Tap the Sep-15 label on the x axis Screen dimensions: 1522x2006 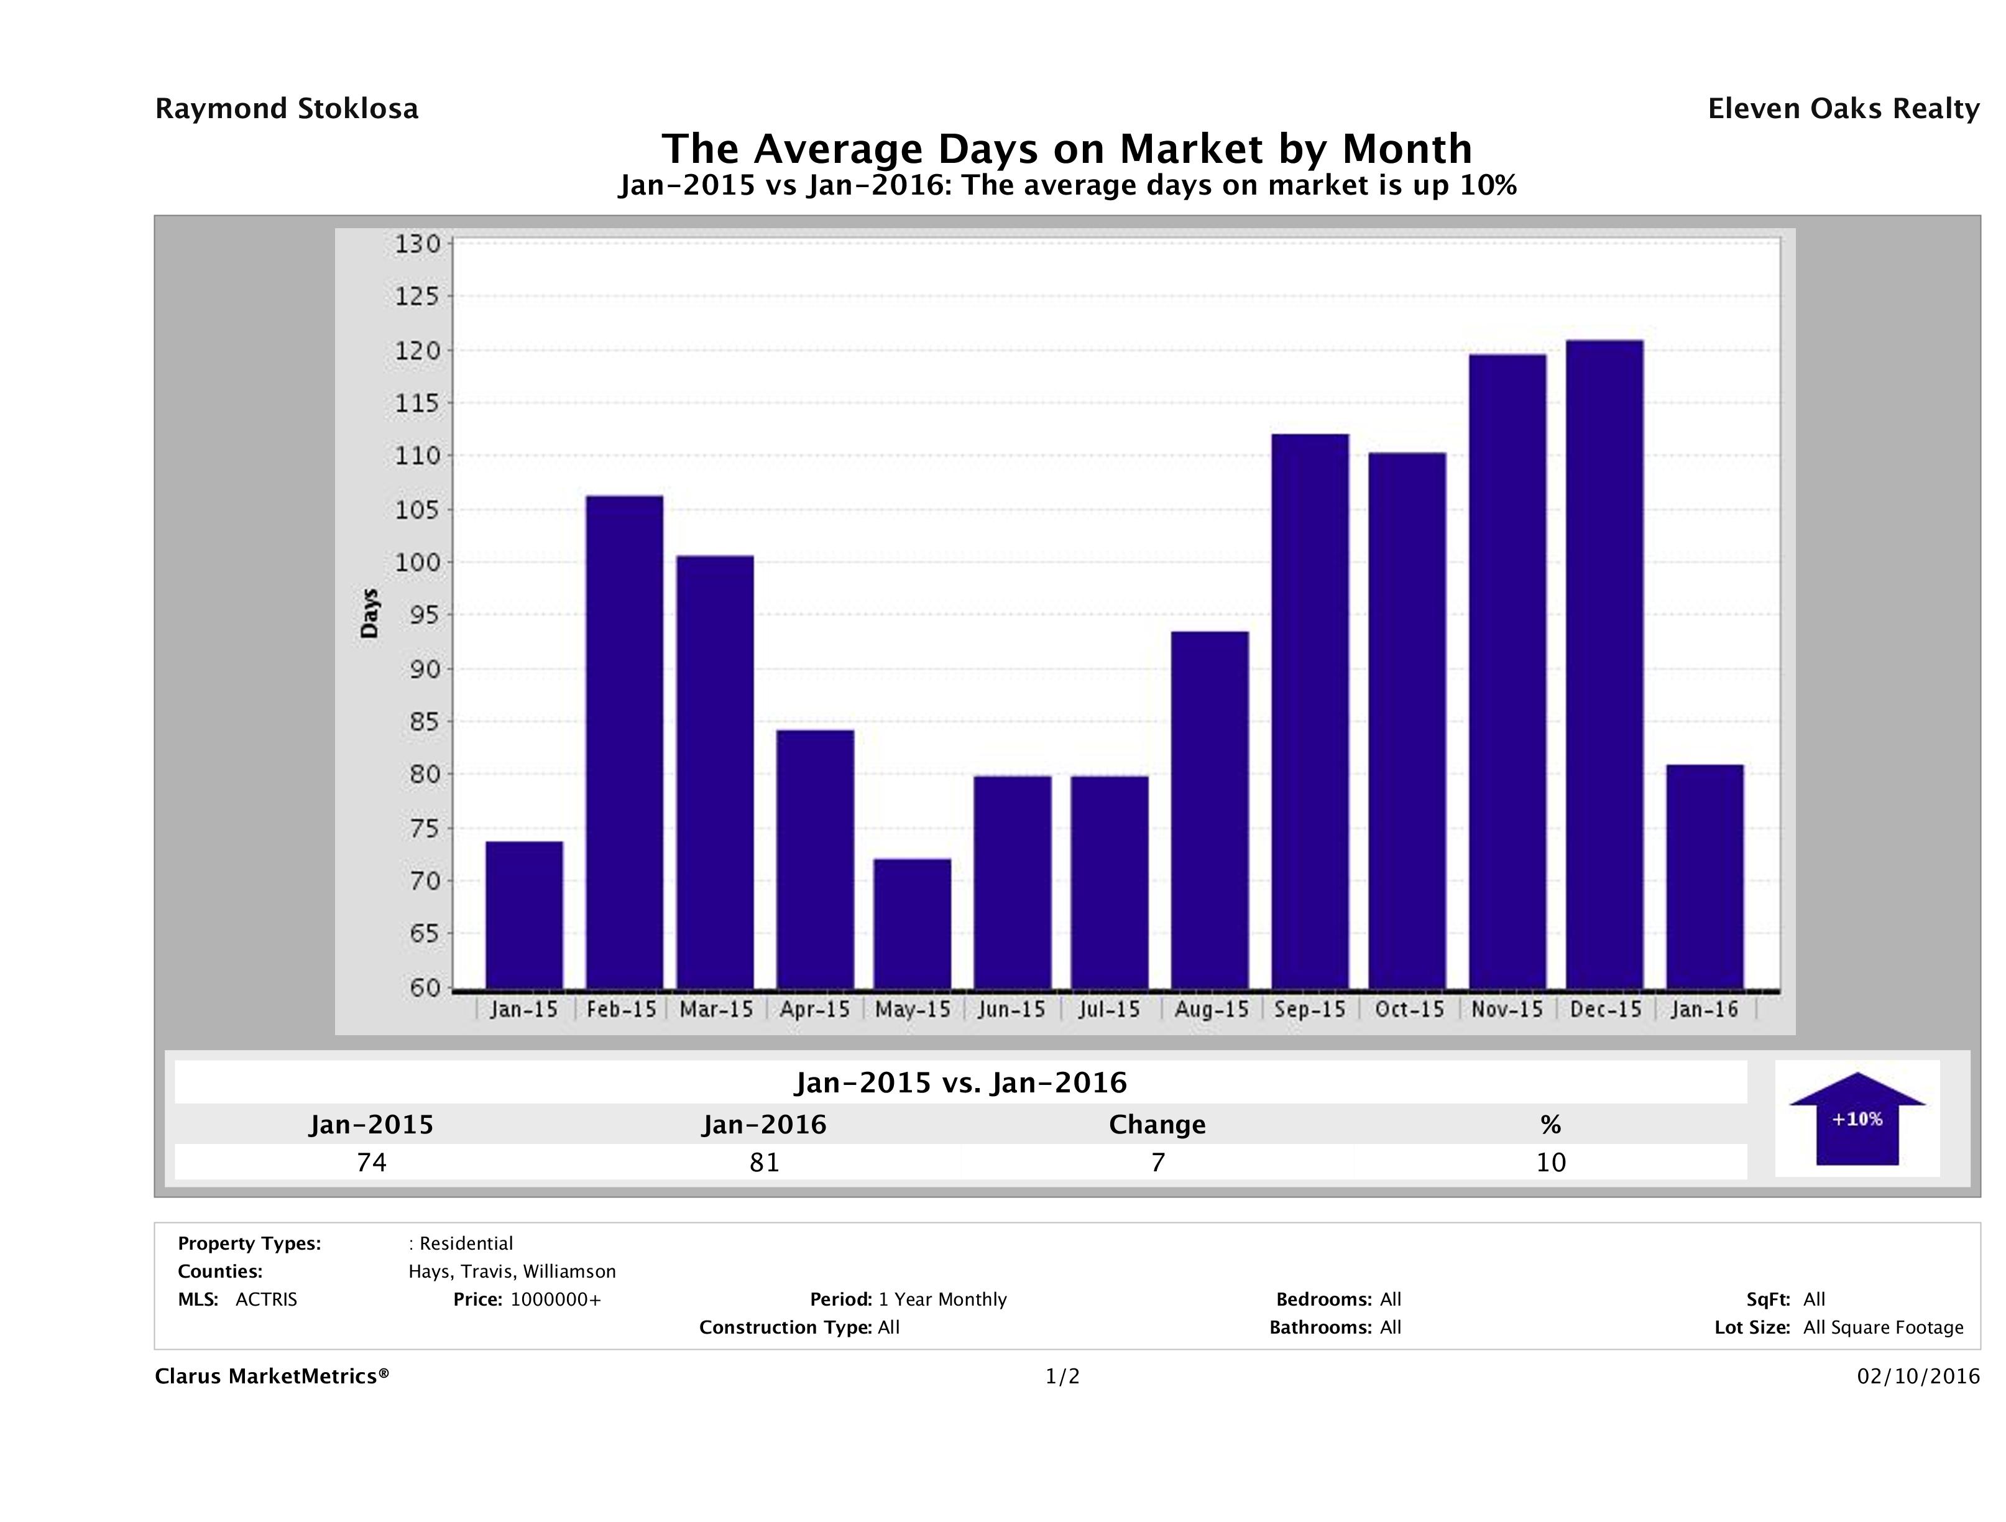tap(1310, 1010)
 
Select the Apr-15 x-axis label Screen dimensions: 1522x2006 tap(814, 1010)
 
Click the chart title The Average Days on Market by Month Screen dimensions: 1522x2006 tap(1067, 149)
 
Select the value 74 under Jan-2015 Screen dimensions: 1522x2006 tap(372, 1162)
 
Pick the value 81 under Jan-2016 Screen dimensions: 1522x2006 tap(765, 1162)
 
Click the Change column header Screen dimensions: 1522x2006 tap(1157, 1125)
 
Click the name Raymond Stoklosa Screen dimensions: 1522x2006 tap(287, 109)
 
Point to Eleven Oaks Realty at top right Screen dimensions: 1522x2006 tap(1843, 109)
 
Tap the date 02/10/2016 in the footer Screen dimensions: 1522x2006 tap(1918, 1377)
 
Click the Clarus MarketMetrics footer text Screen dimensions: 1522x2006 tap(272, 1377)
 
